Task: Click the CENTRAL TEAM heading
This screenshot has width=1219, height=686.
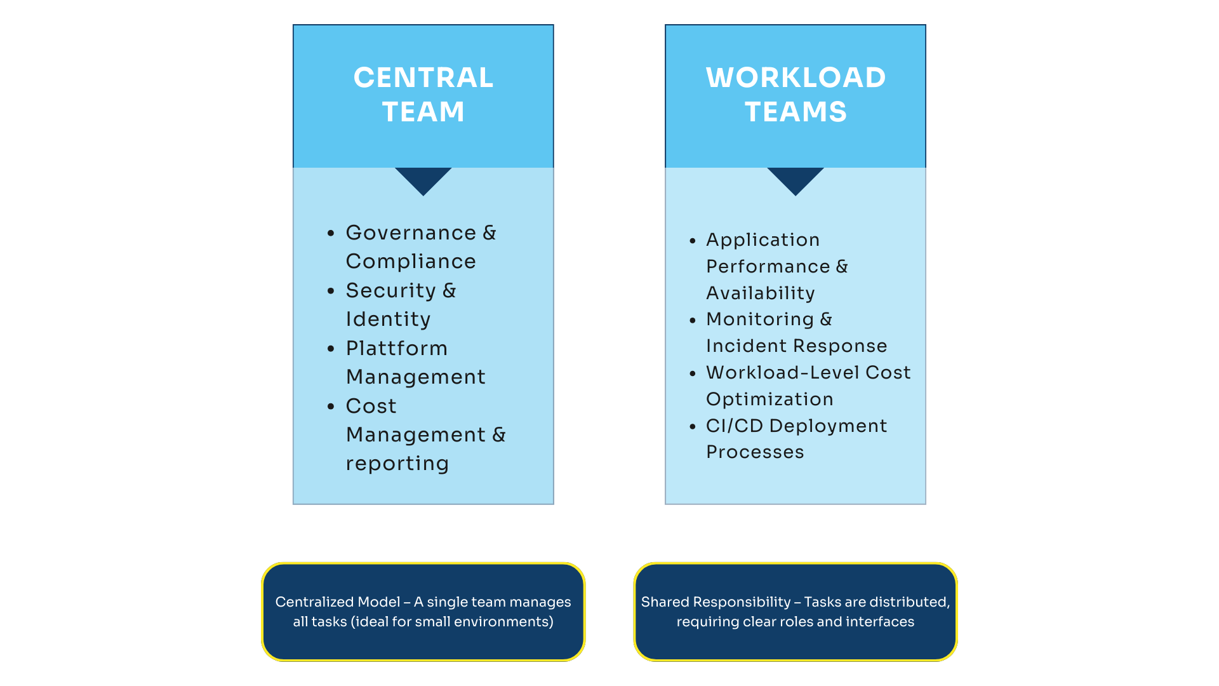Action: click(423, 95)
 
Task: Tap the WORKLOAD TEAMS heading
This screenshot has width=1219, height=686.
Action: click(796, 95)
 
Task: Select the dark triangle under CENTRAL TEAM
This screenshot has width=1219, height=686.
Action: click(423, 179)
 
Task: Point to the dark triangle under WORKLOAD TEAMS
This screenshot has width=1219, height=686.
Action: click(795, 179)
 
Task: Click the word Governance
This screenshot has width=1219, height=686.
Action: click(411, 233)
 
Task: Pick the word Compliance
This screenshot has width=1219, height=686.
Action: click(411, 262)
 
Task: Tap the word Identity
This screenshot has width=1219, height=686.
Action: click(388, 319)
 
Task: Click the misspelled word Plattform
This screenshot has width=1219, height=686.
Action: click(397, 348)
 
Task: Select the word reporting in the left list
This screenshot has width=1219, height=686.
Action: click(397, 464)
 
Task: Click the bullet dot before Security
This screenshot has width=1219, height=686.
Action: click(331, 292)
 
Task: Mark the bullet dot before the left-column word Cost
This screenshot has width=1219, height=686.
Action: click(331, 407)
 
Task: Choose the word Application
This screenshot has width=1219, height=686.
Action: click(763, 240)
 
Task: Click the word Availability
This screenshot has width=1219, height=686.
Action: click(760, 293)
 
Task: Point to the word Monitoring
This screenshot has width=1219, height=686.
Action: click(759, 319)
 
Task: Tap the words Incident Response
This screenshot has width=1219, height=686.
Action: click(796, 346)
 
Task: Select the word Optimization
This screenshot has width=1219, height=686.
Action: click(769, 400)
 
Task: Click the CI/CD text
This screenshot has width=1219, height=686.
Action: click(734, 426)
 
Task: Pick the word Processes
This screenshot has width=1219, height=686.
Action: click(755, 452)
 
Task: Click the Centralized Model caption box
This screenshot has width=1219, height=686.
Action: click(423, 612)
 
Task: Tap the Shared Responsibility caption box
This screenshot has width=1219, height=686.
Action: click(795, 612)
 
